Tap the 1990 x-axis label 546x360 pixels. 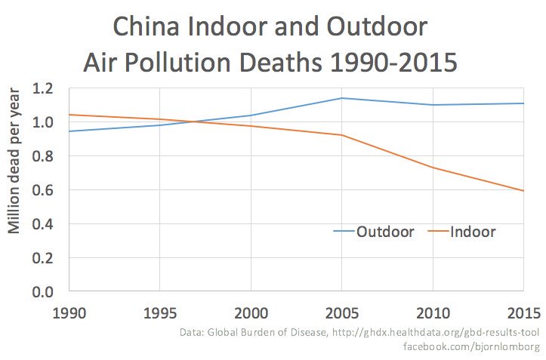[x=70, y=312]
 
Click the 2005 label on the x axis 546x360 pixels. [x=342, y=312]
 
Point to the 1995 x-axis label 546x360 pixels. [x=161, y=312]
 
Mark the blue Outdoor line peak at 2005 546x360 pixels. [x=342, y=98]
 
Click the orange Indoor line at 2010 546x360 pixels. [x=433, y=168]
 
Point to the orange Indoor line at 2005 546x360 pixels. [x=342, y=135]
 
